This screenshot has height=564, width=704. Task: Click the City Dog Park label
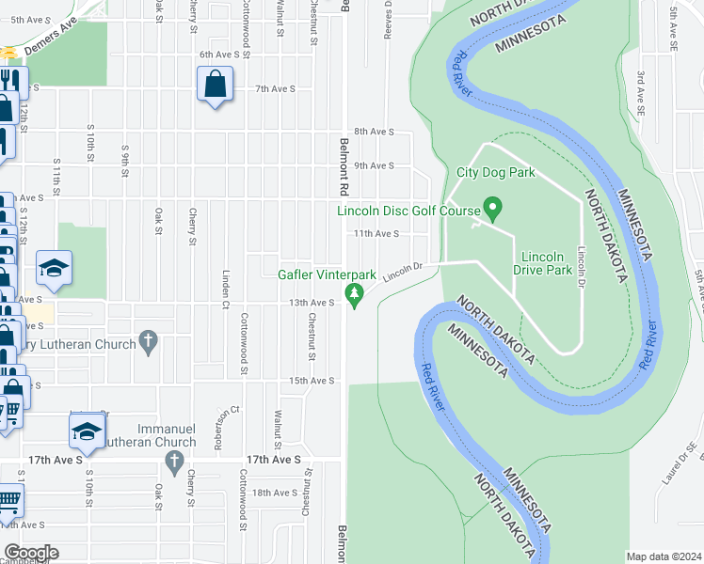coord(495,172)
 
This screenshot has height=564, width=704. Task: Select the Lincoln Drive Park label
coord(542,263)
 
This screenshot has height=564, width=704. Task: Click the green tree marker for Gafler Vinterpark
coord(355,295)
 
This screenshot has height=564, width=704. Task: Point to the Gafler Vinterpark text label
coord(327,275)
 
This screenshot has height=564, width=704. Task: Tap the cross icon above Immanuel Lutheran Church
coord(172,461)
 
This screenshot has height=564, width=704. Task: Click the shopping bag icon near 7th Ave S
coord(216,86)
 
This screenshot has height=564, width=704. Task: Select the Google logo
coord(31,552)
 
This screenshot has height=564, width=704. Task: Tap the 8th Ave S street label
coord(374,132)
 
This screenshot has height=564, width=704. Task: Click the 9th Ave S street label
coord(374,165)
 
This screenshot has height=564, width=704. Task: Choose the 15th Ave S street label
coord(312,381)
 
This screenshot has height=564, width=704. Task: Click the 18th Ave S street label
coord(275,493)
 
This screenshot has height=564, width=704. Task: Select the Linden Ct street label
coord(226,290)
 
